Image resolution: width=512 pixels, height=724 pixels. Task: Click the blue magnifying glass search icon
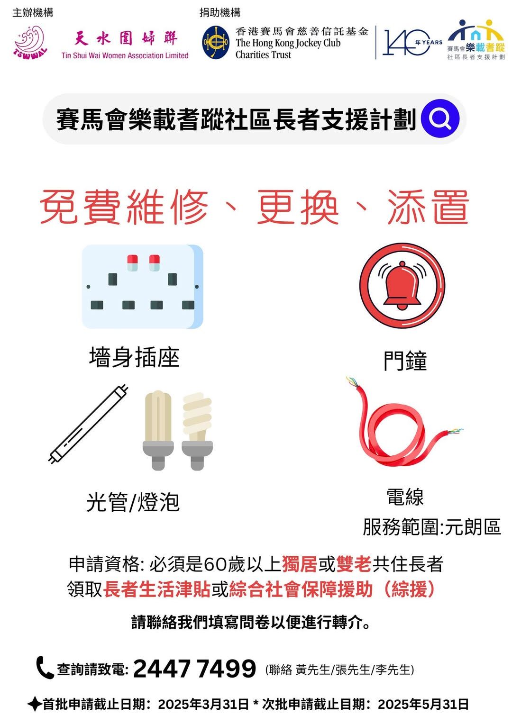440,118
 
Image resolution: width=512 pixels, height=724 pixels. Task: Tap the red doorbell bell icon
402,286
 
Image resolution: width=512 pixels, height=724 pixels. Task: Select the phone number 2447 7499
194,669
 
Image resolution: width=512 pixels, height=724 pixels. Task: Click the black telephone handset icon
44,668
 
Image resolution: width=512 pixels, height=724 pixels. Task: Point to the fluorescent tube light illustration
88,424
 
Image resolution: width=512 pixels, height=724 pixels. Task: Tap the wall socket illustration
143,287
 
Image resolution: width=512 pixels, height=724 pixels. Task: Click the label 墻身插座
134,357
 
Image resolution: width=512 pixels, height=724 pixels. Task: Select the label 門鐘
405,361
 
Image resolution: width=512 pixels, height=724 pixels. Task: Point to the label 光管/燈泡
133,502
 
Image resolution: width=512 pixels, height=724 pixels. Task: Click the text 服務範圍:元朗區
432,527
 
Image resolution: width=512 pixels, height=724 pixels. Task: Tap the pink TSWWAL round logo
30,43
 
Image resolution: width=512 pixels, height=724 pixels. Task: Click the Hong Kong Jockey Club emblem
216,42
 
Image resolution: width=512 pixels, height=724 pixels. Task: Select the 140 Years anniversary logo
412,42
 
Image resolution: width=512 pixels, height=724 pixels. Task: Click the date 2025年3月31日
203,704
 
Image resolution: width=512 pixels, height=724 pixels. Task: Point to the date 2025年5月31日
423,704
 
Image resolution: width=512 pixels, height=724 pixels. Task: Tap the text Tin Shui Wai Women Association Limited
125,55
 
